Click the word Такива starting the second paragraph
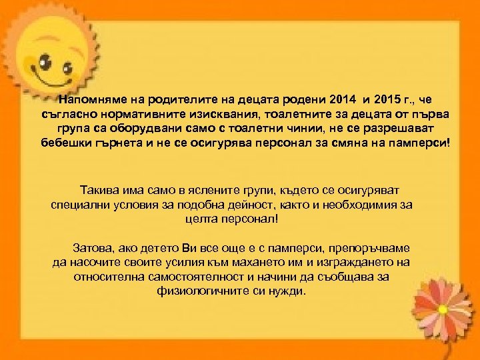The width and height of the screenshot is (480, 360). coord(101,189)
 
